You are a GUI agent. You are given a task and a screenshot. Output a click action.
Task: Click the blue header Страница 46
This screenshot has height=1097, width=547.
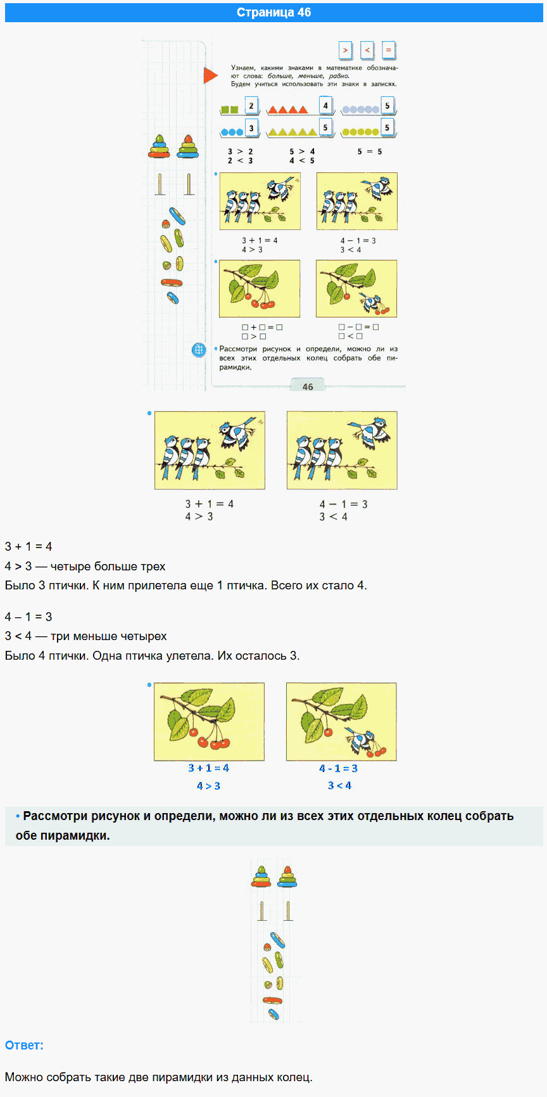[x=273, y=13]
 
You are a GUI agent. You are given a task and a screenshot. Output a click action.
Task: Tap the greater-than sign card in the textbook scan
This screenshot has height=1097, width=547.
[x=345, y=50]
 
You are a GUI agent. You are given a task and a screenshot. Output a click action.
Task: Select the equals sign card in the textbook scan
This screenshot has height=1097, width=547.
[x=389, y=50]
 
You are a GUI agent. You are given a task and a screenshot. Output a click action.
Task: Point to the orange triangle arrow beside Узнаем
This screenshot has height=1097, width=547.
[x=210, y=76]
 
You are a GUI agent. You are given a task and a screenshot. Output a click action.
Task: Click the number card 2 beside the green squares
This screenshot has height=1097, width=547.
[x=251, y=106]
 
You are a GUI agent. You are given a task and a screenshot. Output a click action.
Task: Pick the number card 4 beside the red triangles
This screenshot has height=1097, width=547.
[x=325, y=106]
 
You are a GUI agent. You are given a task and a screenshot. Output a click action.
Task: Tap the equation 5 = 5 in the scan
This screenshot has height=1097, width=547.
[x=370, y=151]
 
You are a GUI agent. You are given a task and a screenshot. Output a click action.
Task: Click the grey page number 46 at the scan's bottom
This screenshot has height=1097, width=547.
[x=308, y=386]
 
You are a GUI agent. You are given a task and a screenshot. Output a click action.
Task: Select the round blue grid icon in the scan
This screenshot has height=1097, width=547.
[x=199, y=349]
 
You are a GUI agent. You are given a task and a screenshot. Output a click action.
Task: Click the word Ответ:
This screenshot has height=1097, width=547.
[x=24, y=1045]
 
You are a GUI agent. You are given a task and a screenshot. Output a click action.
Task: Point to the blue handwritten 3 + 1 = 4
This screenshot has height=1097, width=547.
[x=208, y=768]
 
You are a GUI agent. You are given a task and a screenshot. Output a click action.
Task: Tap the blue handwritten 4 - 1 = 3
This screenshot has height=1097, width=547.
[x=338, y=768]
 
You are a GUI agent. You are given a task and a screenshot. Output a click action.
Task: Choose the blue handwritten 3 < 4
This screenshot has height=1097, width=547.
[x=339, y=785]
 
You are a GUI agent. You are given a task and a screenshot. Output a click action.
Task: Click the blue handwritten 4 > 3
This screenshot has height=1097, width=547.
[x=208, y=786]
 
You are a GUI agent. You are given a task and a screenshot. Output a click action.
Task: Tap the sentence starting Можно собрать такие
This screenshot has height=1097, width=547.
[x=158, y=1077]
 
